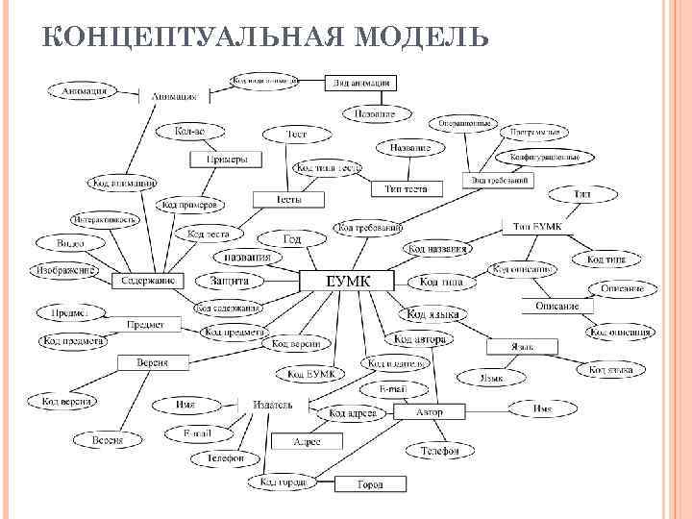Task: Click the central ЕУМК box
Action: click(347, 281)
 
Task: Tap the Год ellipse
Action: click(292, 237)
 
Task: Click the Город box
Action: click(370, 484)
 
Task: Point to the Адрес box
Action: click(306, 441)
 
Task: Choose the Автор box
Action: click(430, 412)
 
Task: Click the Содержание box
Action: click(146, 281)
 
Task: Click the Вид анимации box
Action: click(361, 83)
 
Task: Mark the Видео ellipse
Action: click(71, 244)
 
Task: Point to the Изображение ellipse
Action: click(66, 270)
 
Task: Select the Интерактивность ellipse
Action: click(103, 219)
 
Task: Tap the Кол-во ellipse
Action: click(189, 130)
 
